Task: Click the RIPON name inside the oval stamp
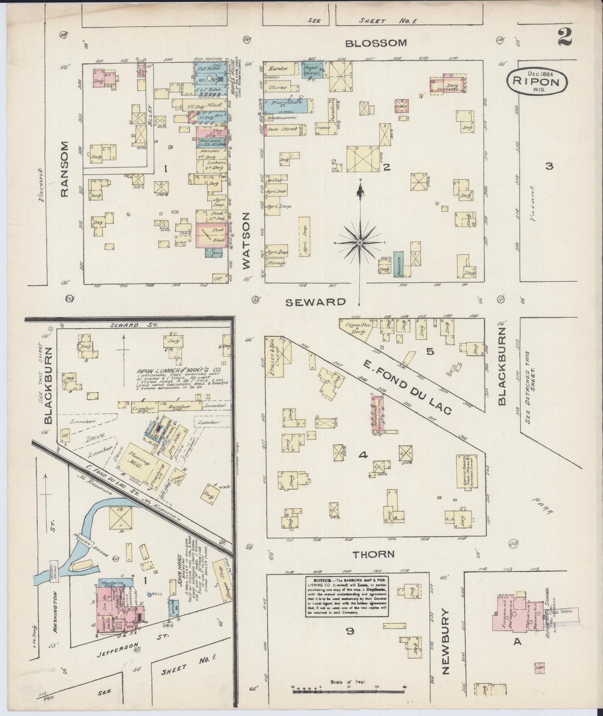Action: pos(537,82)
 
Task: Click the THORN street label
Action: pos(373,554)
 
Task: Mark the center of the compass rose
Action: pos(360,242)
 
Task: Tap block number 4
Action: pos(363,455)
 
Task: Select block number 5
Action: pos(430,352)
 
